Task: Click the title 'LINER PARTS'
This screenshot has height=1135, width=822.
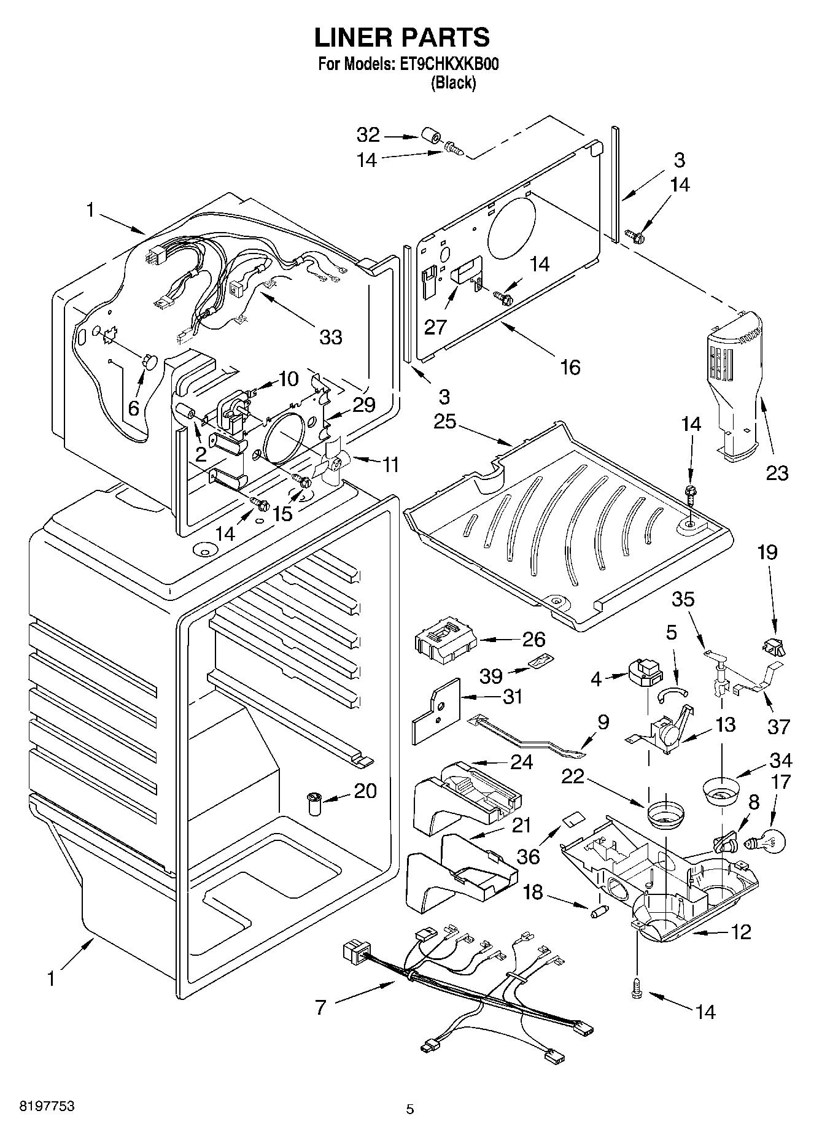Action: [402, 37]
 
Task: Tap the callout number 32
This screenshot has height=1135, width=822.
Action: [368, 134]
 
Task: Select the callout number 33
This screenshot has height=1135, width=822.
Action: [330, 336]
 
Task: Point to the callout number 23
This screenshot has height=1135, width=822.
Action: [777, 473]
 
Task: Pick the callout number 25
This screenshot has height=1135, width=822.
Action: [445, 422]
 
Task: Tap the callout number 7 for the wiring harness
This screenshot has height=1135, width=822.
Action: [320, 1007]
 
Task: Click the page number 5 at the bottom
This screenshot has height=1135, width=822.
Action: [410, 1109]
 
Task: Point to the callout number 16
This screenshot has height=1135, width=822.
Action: [570, 367]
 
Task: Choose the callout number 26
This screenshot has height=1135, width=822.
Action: [533, 639]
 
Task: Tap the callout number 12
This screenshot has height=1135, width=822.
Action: [741, 932]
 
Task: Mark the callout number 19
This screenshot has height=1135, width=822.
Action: [767, 552]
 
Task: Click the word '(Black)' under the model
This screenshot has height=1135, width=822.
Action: [453, 83]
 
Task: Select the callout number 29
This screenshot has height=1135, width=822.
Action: [364, 405]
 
